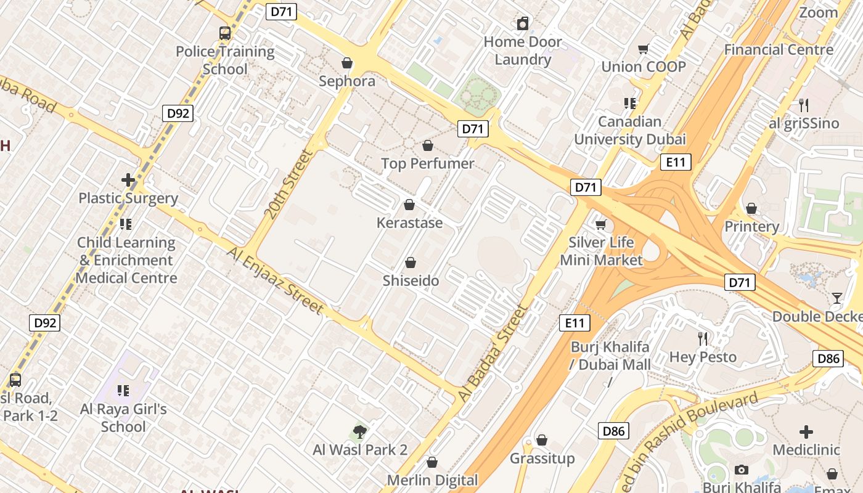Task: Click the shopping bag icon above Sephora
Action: pos(347,63)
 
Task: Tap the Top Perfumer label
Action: pos(428,163)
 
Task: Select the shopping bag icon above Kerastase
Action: pos(409,205)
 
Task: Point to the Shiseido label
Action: pos(411,281)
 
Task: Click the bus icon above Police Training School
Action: pos(225,33)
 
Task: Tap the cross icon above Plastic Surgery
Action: pos(128,180)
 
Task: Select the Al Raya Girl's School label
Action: pos(123,417)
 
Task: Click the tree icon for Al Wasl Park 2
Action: pos(359,431)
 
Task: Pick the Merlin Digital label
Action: pos(432,480)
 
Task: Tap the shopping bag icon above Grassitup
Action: pos(542,440)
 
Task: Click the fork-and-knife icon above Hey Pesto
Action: pos(703,338)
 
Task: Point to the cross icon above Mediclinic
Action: pos(806,431)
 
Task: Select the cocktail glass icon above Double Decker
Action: pos(836,298)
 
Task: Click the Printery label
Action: pos(751,226)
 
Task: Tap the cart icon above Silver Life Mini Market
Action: pos(601,224)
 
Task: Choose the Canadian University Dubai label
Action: pos(629,130)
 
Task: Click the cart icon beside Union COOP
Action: pos(644,49)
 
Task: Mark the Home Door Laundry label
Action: pos(523,51)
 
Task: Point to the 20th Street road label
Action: pos(288,184)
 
